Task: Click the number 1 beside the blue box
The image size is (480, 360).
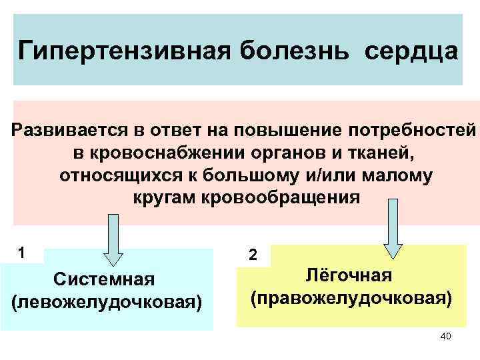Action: (x=22, y=253)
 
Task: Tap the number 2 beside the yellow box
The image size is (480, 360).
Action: (x=252, y=255)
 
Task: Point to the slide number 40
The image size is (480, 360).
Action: (x=446, y=336)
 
